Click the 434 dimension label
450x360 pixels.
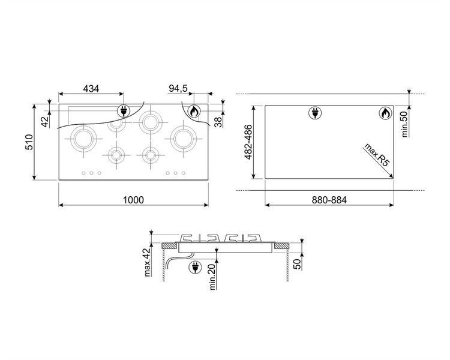[x=91, y=88]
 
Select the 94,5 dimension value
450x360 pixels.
[x=178, y=88]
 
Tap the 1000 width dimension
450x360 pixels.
[x=133, y=200]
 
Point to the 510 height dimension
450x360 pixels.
[x=29, y=142]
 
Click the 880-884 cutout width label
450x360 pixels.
[x=329, y=200]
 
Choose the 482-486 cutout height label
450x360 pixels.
[x=248, y=142]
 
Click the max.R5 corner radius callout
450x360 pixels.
[x=377, y=155]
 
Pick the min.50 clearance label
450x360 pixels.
[x=404, y=124]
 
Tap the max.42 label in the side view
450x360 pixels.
[x=147, y=262]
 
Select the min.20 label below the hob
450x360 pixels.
[x=212, y=277]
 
